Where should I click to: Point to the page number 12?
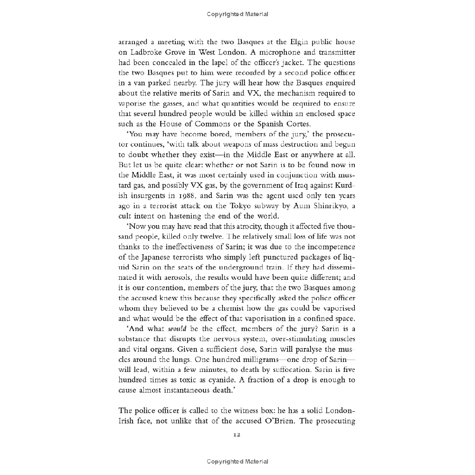click(x=237, y=434)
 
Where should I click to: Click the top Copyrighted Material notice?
click(x=237, y=14)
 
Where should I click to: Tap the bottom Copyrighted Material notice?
click(x=237, y=461)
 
